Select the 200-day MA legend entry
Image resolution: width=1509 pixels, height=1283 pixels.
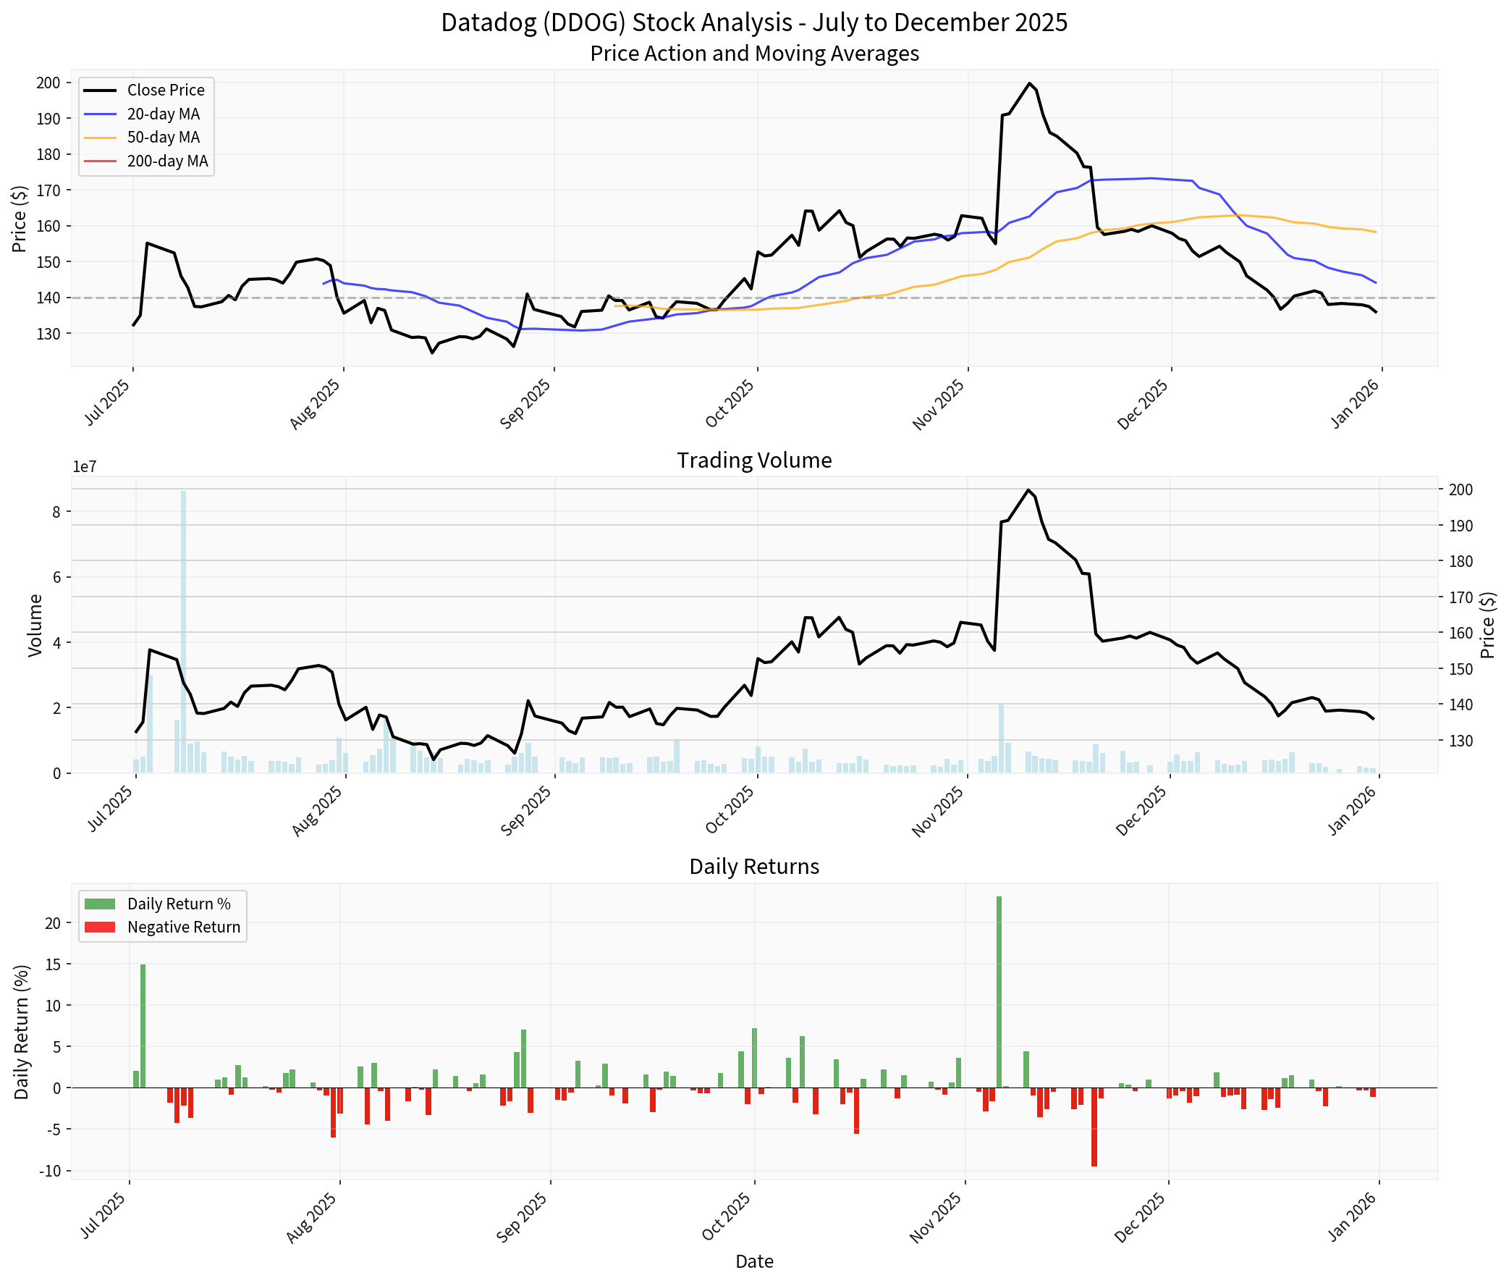pyautogui.click(x=166, y=161)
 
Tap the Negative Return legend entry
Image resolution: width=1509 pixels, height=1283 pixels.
pyautogui.click(x=182, y=927)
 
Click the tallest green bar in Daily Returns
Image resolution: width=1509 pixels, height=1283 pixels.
pyautogui.click(x=999, y=992)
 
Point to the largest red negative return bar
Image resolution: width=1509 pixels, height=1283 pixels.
pyautogui.click(x=1094, y=1127)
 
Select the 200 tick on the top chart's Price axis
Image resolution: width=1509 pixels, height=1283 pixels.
pyautogui.click(x=48, y=83)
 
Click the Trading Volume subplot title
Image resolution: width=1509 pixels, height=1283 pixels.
pyautogui.click(x=753, y=460)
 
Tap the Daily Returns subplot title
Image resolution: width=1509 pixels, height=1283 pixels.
pyautogui.click(x=753, y=866)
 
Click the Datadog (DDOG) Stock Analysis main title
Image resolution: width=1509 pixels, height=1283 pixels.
pyautogui.click(x=753, y=22)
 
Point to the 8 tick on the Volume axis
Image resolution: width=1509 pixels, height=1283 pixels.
pyautogui.click(x=56, y=512)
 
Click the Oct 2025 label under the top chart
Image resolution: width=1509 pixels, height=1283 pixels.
pyautogui.click(x=730, y=403)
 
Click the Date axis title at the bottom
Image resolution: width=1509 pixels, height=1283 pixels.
pyautogui.click(x=753, y=1261)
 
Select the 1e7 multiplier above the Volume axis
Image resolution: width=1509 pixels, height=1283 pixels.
pyautogui.click(x=85, y=467)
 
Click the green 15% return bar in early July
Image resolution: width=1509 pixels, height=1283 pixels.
pyautogui.click(x=143, y=1025)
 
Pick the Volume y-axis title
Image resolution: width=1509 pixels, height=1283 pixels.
pyautogui.click(x=35, y=626)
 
